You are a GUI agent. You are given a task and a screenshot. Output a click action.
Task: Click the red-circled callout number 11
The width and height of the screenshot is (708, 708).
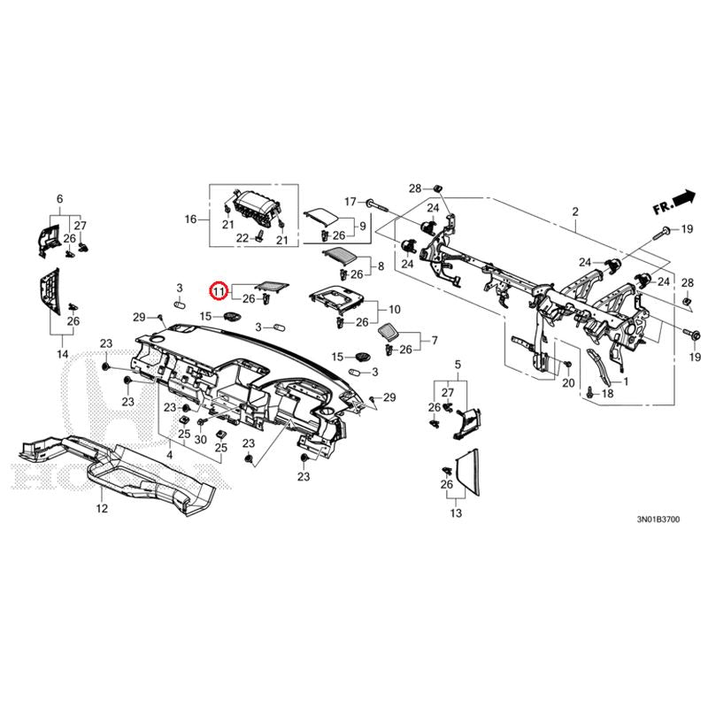218,289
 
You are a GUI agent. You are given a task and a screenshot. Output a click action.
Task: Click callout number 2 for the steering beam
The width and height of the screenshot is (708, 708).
574,212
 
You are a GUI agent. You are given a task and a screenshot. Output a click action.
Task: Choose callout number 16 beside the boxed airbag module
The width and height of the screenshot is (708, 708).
189,219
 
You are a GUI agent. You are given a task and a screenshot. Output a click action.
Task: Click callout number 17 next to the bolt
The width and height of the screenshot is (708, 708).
350,201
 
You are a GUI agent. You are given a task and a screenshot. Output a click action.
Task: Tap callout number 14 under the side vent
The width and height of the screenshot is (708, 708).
63,354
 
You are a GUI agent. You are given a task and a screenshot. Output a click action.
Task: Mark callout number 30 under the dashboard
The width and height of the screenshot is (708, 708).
201,440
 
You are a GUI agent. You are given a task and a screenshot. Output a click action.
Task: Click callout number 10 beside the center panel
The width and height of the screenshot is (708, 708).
395,310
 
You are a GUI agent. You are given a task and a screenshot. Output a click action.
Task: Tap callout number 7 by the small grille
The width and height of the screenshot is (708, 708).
434,340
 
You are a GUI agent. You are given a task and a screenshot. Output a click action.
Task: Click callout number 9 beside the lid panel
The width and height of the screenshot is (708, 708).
361,227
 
